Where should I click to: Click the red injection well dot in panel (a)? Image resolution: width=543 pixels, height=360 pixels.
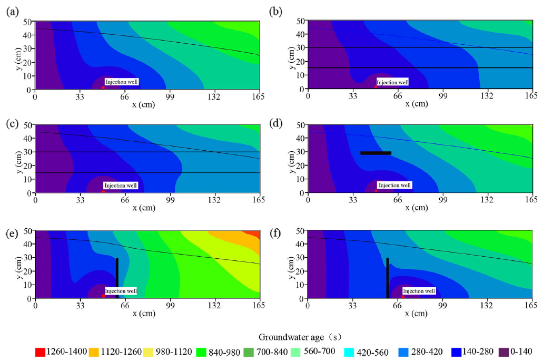click(x=103, y=87)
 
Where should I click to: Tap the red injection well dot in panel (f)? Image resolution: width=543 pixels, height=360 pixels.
click(x=403, y=296)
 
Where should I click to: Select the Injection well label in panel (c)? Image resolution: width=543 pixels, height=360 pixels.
click(x=121, y=186)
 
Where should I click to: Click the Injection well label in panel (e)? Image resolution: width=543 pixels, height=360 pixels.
click(x=121, y=291)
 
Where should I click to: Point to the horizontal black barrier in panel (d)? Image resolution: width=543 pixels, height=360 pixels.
click(x=376, y=153)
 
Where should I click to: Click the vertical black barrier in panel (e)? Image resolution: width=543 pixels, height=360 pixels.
click(x=117, y=278)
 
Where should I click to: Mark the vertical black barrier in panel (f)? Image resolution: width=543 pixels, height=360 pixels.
click(x=387, y=278)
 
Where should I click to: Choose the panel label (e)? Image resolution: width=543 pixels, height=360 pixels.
click(x=11, y=221)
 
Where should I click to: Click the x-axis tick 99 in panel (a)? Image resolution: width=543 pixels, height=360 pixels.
click(x=170, y=96)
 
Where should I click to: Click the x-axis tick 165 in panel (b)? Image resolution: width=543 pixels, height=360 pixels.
click(x=531, y=96)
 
